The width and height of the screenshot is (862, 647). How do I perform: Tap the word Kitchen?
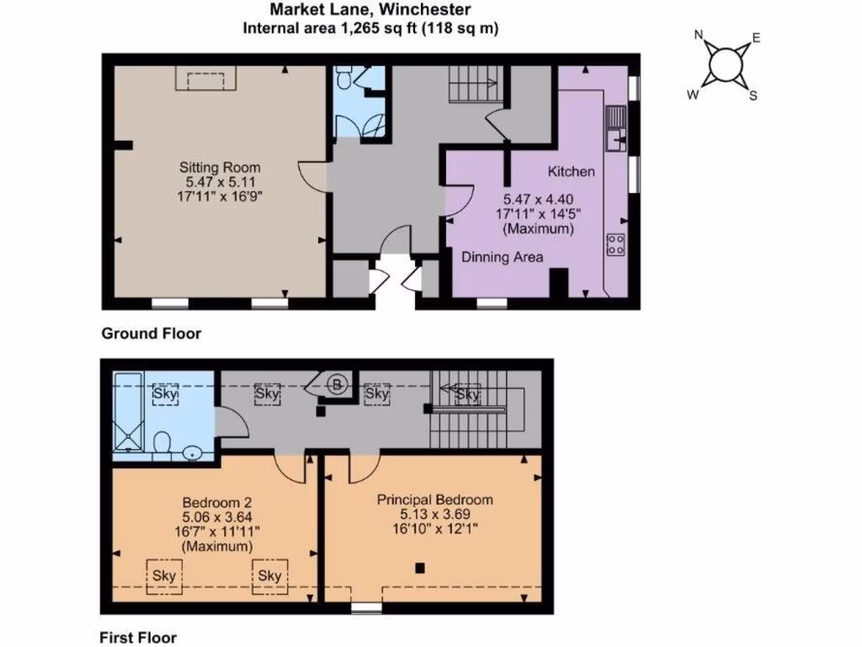coord(572,172)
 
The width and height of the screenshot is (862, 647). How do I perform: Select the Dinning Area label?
coord(502,258)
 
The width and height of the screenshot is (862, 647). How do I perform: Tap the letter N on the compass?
coord(698,35)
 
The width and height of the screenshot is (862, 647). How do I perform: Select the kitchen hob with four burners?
coord(615,244)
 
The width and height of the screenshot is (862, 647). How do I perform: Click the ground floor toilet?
coord(344,80)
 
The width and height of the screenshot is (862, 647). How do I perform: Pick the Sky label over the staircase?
coord(466,394)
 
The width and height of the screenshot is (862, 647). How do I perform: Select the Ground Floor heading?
coord(152,334)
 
